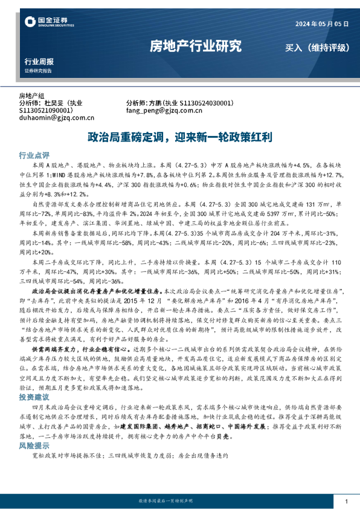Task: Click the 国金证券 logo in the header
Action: pyautogui.click(x=45, y=22)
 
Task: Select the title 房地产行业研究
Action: pyautogui.click(x=195, y=46)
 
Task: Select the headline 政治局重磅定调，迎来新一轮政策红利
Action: pyautogui.click(x=180, y=135)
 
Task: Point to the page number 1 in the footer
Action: pyautogui.click(x=346, y=502)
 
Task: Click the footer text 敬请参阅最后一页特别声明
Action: pyautogui.click(x=180, y=502)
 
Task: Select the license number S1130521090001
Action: pyautogui.click(x=47, y=111)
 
